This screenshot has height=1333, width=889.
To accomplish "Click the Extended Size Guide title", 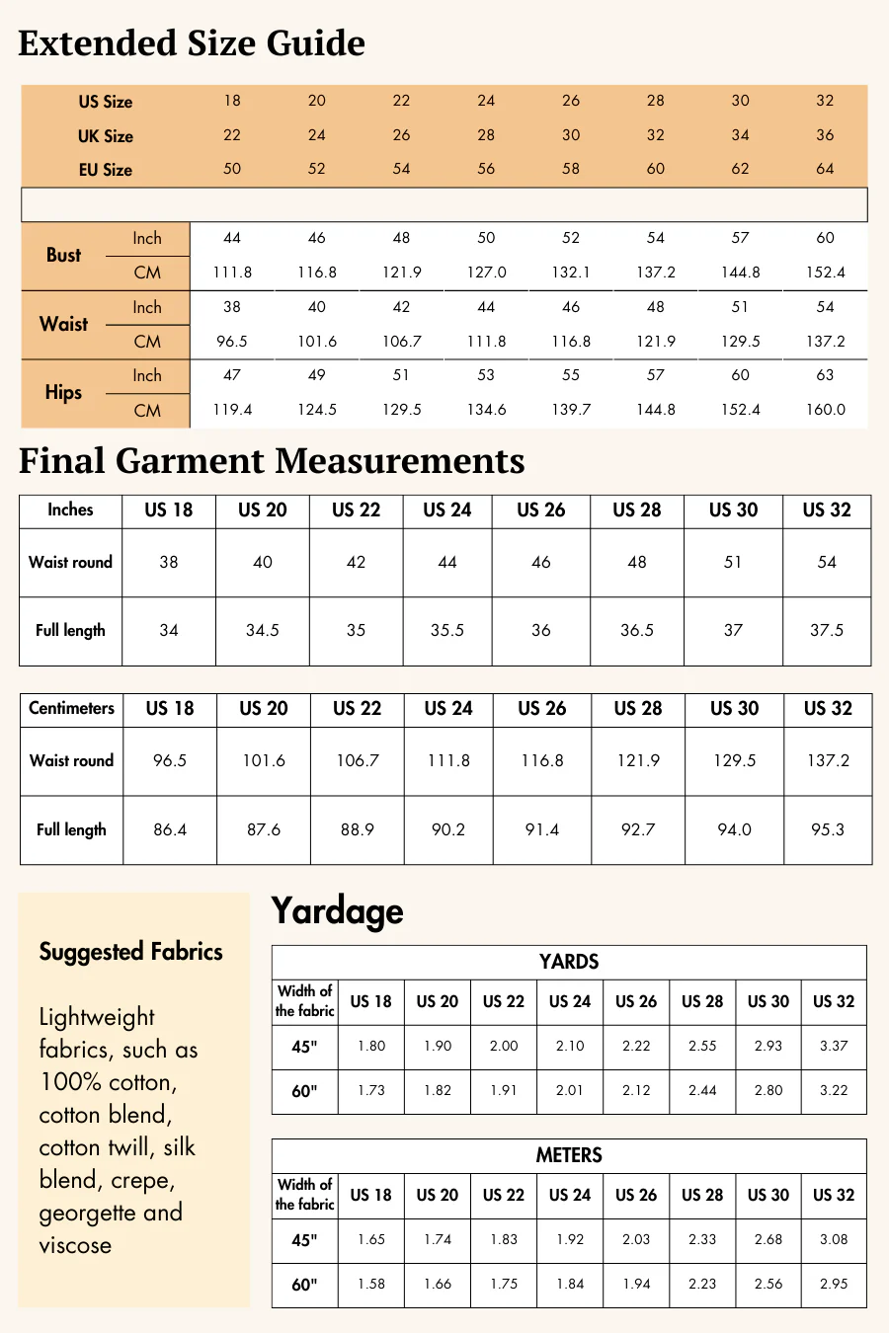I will coord(192,43).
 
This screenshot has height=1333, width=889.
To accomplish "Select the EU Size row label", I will coord(106,170).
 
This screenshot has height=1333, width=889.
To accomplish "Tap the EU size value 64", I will coord(825,169).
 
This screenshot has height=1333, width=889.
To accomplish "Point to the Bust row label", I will coord(64,255).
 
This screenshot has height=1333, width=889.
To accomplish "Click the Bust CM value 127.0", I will coord(486,273).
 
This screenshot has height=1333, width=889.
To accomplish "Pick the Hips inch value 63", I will coord(825,375).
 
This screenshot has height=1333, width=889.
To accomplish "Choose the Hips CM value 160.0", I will coord(825,410).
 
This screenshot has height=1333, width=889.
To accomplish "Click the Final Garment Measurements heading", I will coord(272,461).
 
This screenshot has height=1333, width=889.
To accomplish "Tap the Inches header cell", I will coord(70,510).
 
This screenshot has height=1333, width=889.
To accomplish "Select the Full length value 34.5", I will coord(263,630).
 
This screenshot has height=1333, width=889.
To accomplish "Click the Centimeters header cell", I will coord(71,708).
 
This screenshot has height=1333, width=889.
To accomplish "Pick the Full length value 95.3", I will coord(828,829).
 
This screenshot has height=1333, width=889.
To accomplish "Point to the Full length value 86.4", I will coord(170,829).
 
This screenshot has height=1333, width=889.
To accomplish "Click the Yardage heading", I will coord(337,910).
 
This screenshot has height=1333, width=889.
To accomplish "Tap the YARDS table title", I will coord(569,962).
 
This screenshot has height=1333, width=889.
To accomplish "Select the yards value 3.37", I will coord(834,1046).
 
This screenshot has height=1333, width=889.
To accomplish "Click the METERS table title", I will coord(569,1155).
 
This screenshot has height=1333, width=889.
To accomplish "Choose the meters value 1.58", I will coord(371,1284).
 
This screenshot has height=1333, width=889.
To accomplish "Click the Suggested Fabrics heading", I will coord(130,952).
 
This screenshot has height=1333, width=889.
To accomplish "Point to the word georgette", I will coord(87,1213).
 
